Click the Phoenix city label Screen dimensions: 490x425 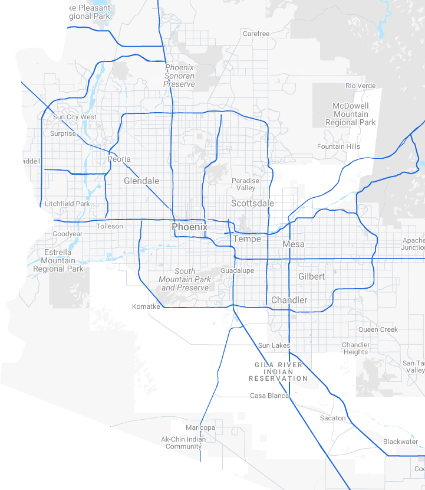point(189,227)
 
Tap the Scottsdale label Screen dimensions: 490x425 point(252,203)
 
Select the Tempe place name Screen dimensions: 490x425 point(246,239)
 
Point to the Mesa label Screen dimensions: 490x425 point(294,244)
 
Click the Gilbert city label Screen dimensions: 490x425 point(311,276)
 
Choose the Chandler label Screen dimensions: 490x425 point(289,300)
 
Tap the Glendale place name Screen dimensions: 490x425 point(141,181)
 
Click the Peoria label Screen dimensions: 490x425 point(119,159)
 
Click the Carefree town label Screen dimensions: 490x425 point(256,34)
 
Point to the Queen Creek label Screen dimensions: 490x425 point(378,329)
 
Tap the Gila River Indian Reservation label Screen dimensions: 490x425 point(278,371)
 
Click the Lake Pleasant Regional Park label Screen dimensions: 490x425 point(85,12)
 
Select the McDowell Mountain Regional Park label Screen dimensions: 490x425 point(350,114)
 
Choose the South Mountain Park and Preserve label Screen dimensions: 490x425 point(185,279)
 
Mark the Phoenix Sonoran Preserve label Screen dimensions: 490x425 point(179,76)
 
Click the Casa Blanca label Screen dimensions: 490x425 point(269,396)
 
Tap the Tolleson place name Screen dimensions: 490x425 point(110,226)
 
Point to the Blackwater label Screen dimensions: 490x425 point(400,442)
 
